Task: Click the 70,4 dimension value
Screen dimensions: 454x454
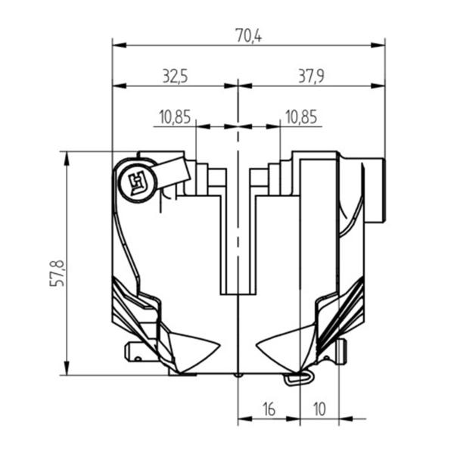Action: coord(248,36)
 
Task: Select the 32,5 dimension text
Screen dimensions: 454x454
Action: coord(176,76)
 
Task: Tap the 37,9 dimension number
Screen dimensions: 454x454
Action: coord(311,76)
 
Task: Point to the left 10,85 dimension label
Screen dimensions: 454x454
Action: coord(175,117)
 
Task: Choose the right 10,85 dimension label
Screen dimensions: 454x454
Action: coord(301,117)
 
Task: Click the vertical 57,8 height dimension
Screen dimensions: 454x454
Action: coord(57,273)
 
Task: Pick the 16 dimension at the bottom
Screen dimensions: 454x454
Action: coord(269,409)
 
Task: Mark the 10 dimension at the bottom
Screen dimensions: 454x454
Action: coord(319,409)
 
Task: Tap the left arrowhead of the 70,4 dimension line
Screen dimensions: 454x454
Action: coord(119,45)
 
